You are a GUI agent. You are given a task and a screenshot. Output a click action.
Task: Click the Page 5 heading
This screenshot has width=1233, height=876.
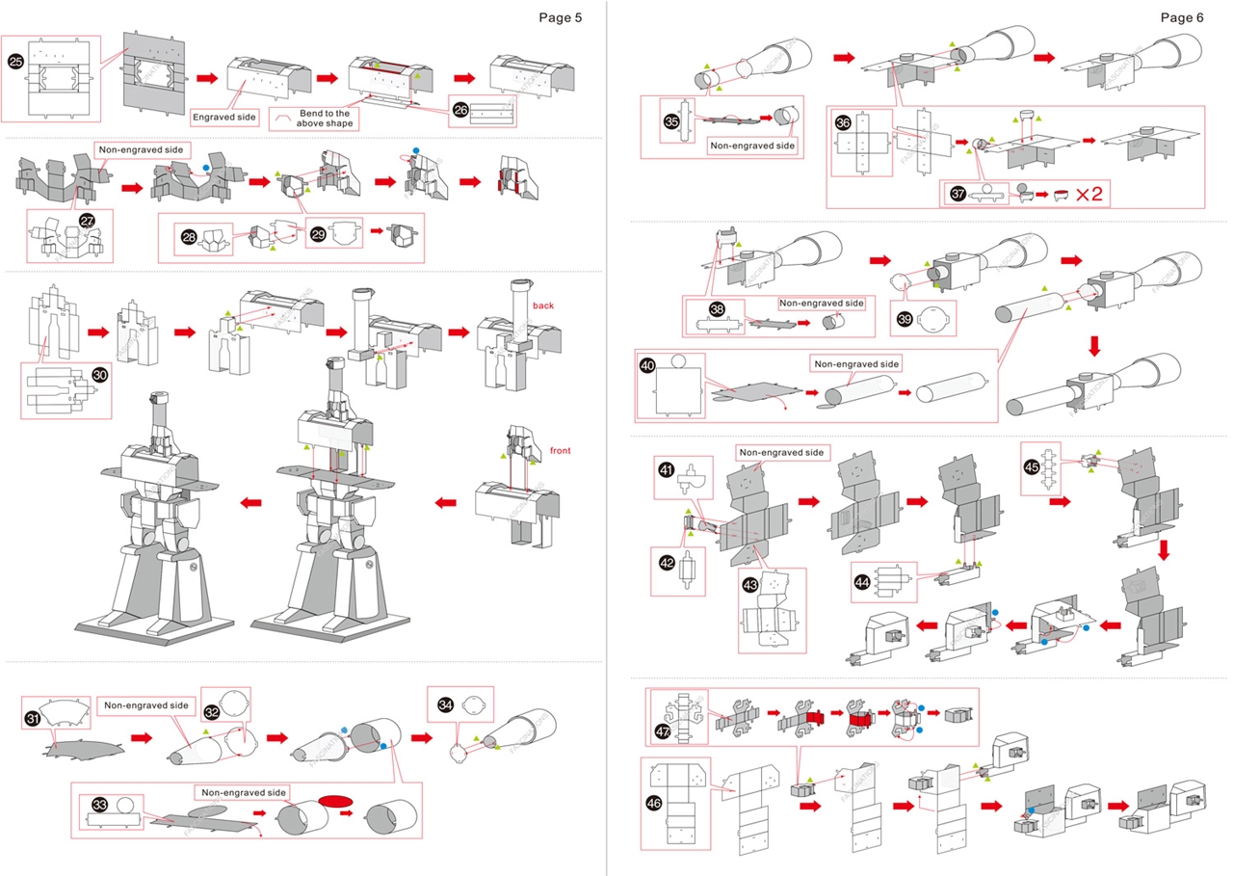tap(560, 16)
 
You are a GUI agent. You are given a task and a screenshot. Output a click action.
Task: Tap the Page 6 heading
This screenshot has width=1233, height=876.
tap(1181, 16)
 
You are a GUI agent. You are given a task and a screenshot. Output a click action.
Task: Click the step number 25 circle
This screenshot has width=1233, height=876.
tap(15, 61)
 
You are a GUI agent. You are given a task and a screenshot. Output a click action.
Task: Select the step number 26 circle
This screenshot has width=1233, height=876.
tap(461, 110)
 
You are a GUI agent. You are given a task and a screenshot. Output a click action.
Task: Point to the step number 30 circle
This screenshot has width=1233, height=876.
tap(99, 375)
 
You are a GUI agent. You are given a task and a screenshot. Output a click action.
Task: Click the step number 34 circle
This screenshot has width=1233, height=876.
tap(445, 705)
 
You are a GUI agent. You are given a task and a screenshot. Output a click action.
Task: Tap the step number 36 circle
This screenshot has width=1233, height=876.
tap(843, 123)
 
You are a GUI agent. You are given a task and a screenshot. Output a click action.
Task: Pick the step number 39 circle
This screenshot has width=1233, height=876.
tap(905, 320)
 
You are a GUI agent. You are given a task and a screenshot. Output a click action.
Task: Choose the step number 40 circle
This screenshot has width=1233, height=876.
tap(647, 366)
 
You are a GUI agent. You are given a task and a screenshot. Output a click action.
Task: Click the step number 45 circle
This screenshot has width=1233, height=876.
tap(1032, 467)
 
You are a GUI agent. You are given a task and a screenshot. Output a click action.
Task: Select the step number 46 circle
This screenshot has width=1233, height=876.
tap(661, 802)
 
